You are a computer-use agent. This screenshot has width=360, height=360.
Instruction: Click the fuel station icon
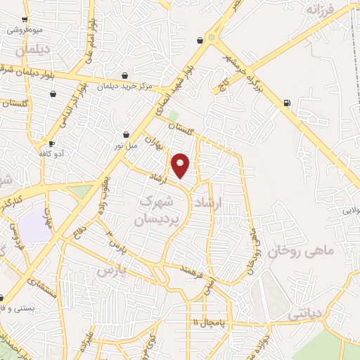coord(287,104)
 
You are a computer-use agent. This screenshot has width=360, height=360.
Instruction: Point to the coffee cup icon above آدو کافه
coord(51,143)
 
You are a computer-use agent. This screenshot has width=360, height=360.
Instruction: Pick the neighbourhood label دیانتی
coord(307,316)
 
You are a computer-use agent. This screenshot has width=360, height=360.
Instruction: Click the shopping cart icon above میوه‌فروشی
coord(25,20)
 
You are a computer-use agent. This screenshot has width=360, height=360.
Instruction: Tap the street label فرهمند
coord(191,269)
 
